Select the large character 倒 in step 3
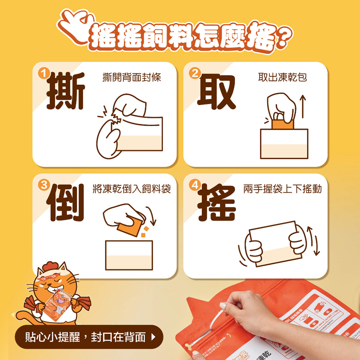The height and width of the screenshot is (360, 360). click(66, 202)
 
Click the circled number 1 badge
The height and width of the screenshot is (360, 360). click(44, 74)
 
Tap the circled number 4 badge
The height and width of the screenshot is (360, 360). click(195, 185)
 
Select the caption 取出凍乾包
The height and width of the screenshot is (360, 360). click(283, 77)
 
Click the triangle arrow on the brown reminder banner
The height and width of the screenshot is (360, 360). click(154, 337)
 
